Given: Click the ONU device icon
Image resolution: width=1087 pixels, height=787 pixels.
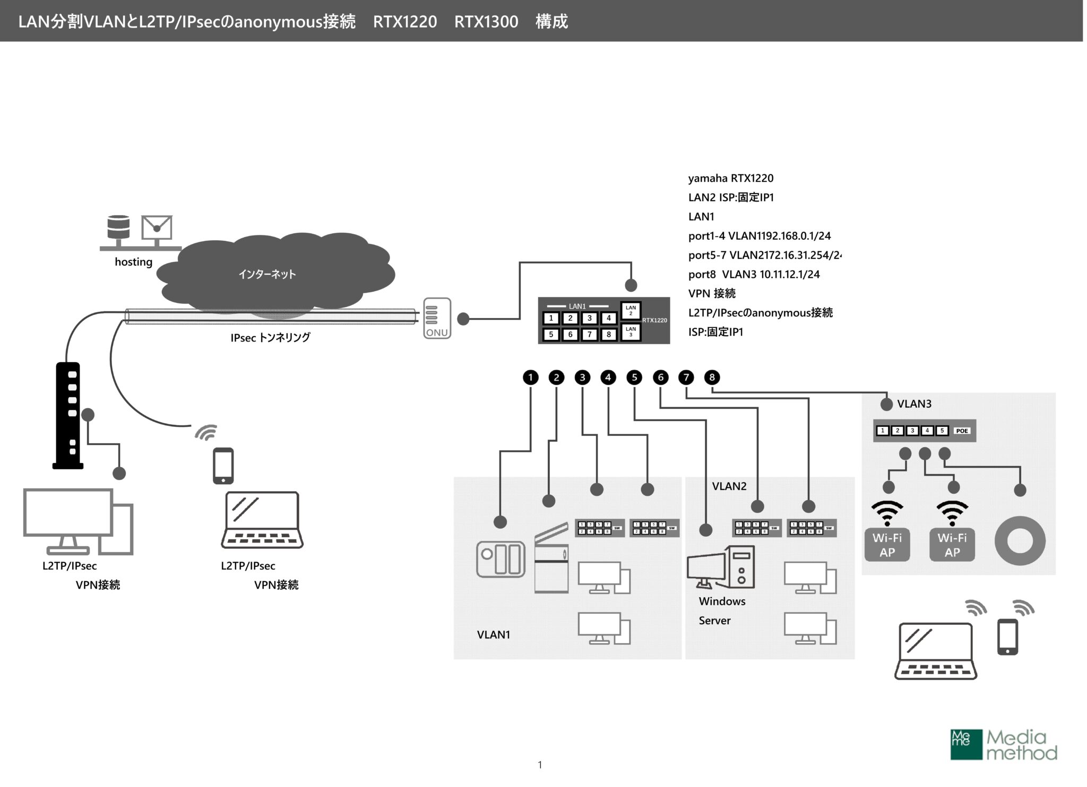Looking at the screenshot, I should tap(437, 318).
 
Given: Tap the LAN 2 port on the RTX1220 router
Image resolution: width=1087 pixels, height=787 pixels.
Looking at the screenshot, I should tap(631, 311).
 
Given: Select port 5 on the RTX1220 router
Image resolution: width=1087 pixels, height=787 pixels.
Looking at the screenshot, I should tap(551, 335).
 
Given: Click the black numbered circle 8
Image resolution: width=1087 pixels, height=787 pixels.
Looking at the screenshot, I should tap(712, 378).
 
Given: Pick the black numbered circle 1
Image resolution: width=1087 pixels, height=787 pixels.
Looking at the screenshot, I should tap(530, 378).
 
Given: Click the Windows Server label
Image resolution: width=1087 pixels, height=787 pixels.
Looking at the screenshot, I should tap(721, 610).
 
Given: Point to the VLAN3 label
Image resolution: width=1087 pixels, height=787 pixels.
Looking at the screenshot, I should tap(914, 404).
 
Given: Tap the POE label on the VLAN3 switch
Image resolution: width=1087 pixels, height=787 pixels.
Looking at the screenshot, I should tap(962, 431).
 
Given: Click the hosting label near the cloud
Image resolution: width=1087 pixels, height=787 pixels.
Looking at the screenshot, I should tap(133, 262).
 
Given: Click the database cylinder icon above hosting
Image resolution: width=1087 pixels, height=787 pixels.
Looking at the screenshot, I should tap(118, 228).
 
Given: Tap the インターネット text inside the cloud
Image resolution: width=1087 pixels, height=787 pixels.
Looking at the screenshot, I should tap(267, 274).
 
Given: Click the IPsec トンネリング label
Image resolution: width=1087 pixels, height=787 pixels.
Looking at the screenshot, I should tap(270, 338).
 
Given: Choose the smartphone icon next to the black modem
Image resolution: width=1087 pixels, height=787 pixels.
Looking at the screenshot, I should tap(223, 466).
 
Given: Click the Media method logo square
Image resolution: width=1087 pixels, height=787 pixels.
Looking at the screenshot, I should tap(966, 745).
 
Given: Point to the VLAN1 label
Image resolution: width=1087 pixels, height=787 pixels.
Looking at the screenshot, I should tap(493, 635).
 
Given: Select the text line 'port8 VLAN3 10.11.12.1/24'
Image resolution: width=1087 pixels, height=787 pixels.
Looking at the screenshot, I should tap(754, 275).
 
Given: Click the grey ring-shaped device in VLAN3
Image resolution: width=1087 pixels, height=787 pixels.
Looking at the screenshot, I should tap(1020, 541).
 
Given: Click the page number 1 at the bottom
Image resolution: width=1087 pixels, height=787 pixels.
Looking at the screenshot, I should tap(540, 765).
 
